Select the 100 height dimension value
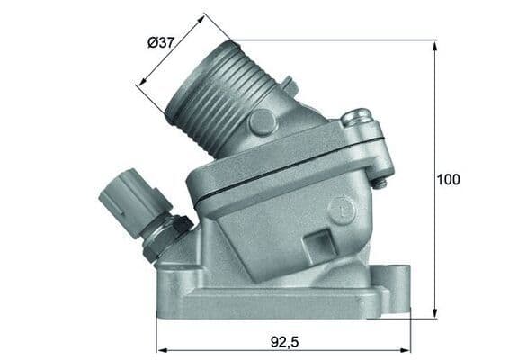(447, 179)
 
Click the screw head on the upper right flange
(358, 116)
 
